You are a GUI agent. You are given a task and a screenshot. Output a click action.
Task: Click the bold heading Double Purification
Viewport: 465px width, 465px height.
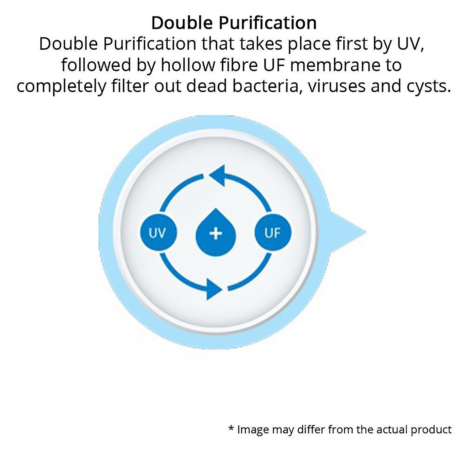tap(234, 23)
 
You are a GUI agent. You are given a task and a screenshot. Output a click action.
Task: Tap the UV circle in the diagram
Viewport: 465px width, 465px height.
tap(158, 233)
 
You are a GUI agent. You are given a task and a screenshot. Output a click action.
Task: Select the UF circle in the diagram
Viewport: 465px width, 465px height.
tap(273, 233)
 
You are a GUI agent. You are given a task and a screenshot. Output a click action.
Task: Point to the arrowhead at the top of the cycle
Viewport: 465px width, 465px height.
tap(217, 176)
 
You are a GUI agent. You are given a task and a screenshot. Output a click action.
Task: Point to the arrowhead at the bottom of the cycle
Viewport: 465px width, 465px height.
tap(214, 289)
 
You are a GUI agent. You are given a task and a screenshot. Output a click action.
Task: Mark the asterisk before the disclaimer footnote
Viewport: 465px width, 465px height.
tap(231, 429)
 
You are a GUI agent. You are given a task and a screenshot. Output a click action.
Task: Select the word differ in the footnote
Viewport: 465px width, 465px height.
tap(311, 430)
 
